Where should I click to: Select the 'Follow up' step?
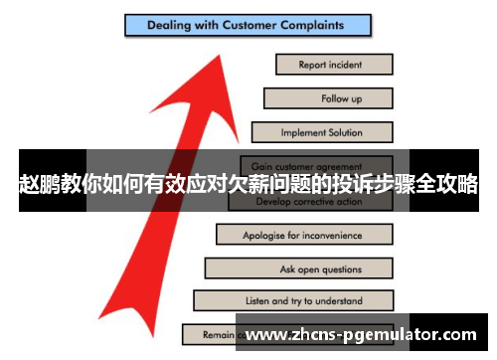(328, 98)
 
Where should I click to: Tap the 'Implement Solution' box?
(321, 132)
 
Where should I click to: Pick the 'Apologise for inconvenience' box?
(302, 235)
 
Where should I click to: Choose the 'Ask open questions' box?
(297, 269)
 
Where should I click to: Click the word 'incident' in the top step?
(349, 65)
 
